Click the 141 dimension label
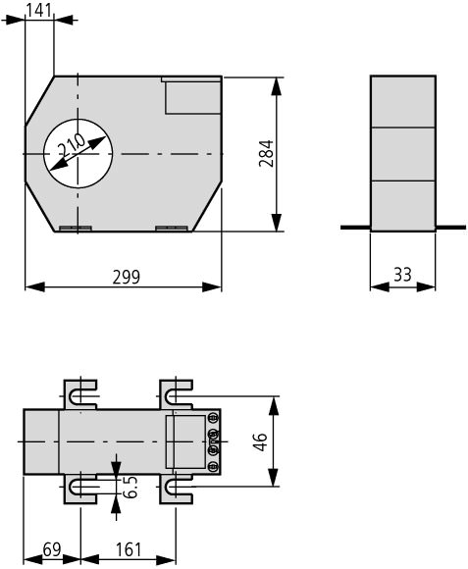pyautogui.click(x=39, y=10)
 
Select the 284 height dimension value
pyautogui.click(x=266, y=153)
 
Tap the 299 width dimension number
pyautogui.click(x=126, y=277)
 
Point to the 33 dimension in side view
pyautogui.click(x=402, y=275)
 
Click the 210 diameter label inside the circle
pyautogui.click(x=72, y=146)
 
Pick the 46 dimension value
pyautogui.click(x=260, y=441)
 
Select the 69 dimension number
pyautogui.click(x=52, y=549)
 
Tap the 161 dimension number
pyautogui.click(x=129, y=549)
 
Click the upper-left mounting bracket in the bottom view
pyautogui.click(x=80, y=394)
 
